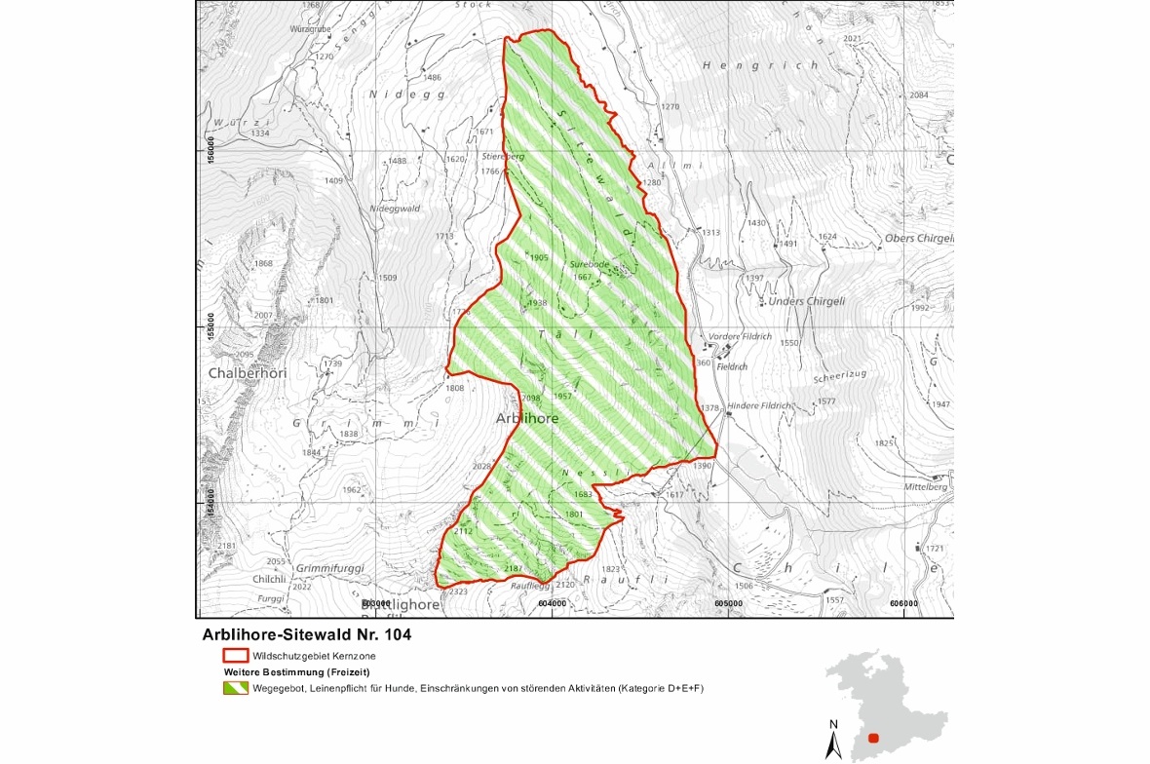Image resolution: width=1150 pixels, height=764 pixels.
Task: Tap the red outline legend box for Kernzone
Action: pos(235,656)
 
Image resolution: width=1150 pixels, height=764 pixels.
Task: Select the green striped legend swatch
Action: pos(235,688)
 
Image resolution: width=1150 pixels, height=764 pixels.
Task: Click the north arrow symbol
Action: pos(833,740)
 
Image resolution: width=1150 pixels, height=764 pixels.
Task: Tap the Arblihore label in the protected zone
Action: pos(527,418)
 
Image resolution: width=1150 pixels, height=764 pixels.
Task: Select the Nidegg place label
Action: pos(393,95)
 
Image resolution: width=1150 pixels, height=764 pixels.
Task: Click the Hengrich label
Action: pos(760,65)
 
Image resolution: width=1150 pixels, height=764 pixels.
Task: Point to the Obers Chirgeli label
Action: pos(918,239)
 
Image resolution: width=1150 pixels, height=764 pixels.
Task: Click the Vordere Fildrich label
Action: pos(742,336)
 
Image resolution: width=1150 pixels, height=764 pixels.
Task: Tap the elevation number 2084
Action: pos(918,95)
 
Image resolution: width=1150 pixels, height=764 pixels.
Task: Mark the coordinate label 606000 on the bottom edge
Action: pos(903,603)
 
